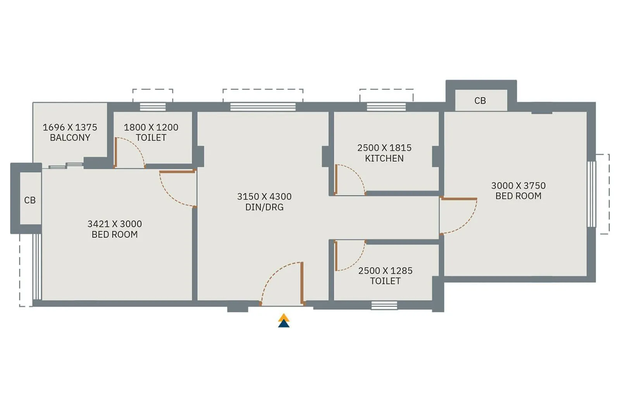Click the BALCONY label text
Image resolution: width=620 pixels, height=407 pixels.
[x=70, y=137]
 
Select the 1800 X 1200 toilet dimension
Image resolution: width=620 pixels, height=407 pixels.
[x=151, y=127]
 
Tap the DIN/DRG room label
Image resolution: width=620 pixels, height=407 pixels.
[x=264, y=207]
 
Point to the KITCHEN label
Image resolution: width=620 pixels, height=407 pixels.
[x=384, y=158]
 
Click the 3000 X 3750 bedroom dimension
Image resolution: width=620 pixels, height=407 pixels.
[x=518, y=185]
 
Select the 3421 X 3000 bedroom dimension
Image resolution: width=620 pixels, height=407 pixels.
[x=114, y=224]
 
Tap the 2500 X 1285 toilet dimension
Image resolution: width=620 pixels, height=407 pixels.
[x=385, y=271]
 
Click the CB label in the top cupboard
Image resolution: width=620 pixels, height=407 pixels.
[x=480, y=101]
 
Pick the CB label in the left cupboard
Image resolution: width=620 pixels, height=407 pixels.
[x=30, y=200]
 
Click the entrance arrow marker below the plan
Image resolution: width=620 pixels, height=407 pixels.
[x=284, y=321]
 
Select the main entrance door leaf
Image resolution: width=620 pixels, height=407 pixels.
[x=301, y=283]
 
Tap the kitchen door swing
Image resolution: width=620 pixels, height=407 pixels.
[x=351, y=179]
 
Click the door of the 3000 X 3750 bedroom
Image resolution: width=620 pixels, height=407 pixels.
[x=459, y=199]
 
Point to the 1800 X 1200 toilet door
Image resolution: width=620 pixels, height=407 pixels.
[x=115, y=152]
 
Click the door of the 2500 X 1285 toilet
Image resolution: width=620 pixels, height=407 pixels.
[x=336, y=256]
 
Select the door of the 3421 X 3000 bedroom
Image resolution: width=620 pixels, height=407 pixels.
[x=176, y=171]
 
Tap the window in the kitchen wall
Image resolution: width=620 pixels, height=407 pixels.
[x=386, y=107]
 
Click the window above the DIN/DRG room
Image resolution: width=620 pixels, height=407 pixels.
[x=263, y=107]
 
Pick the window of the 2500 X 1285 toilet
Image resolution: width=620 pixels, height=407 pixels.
[x=384, y=306]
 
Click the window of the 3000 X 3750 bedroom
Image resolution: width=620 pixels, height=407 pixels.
[x=591, y=194]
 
